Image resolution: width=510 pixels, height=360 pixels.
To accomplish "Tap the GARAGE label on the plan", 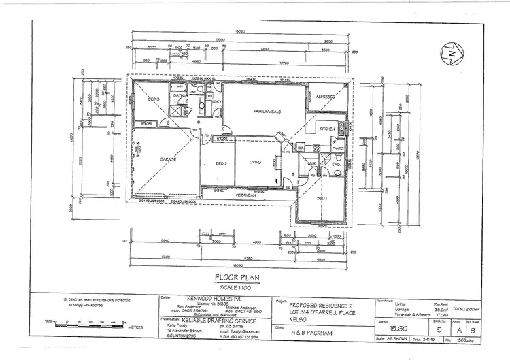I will click(x=168, y=159).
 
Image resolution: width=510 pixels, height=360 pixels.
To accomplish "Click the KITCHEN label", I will click(x=327, y=128).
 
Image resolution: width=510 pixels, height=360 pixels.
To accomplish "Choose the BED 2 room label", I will click(x=220, y=163).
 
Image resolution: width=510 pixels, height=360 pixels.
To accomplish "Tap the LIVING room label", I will click(x=256, y=162).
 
